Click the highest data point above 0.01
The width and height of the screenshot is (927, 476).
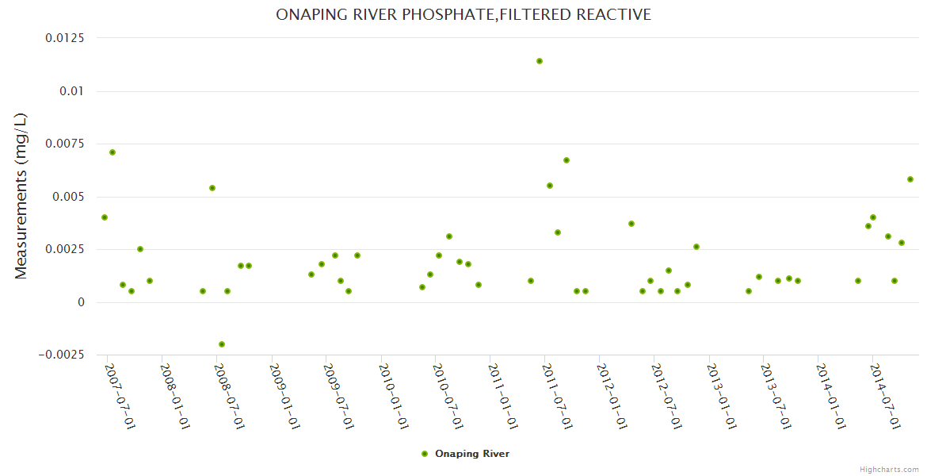(540, 61)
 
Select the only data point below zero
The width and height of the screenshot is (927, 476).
(222, 344)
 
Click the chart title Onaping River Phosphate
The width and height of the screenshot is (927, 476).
(463, 14)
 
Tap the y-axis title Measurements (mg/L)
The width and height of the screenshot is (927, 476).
(21, 196)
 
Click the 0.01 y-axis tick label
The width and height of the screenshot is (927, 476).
(72, 91)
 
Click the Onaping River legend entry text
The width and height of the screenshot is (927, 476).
(472, 454)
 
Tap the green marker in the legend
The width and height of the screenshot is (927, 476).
(425, 454)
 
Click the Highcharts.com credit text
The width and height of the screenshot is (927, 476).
(889, 469)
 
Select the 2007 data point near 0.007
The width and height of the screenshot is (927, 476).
(113, 152)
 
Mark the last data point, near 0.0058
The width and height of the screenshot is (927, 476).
(910, 179)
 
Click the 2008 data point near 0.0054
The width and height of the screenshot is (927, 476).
(212, 188)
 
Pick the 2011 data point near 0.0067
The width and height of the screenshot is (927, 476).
(566, 160)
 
